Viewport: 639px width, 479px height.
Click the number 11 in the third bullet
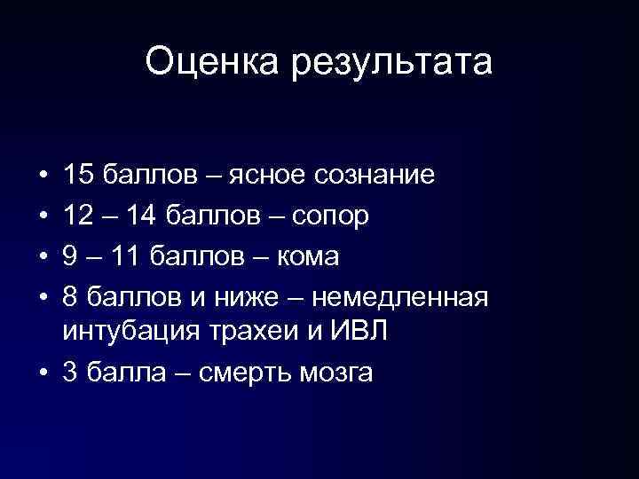[x=126, y=257]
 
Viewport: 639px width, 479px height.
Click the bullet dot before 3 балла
[x=43, y=373]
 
